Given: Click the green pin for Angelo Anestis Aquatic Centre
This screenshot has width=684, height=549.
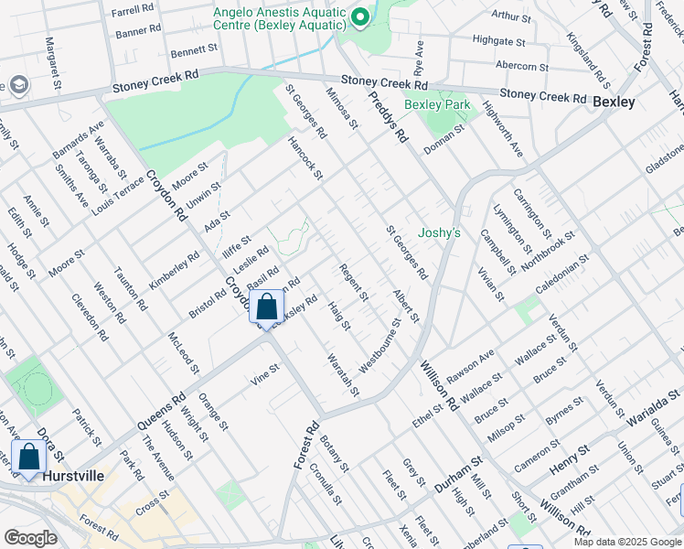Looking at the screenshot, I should click(359, 16).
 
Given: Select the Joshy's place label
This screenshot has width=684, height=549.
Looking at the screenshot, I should click(439, 233).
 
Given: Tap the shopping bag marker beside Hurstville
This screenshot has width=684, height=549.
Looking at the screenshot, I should click(28, 457).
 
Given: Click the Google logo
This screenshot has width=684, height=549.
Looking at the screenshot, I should click(30, 537).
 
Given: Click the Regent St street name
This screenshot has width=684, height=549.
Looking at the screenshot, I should click(353, 283).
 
